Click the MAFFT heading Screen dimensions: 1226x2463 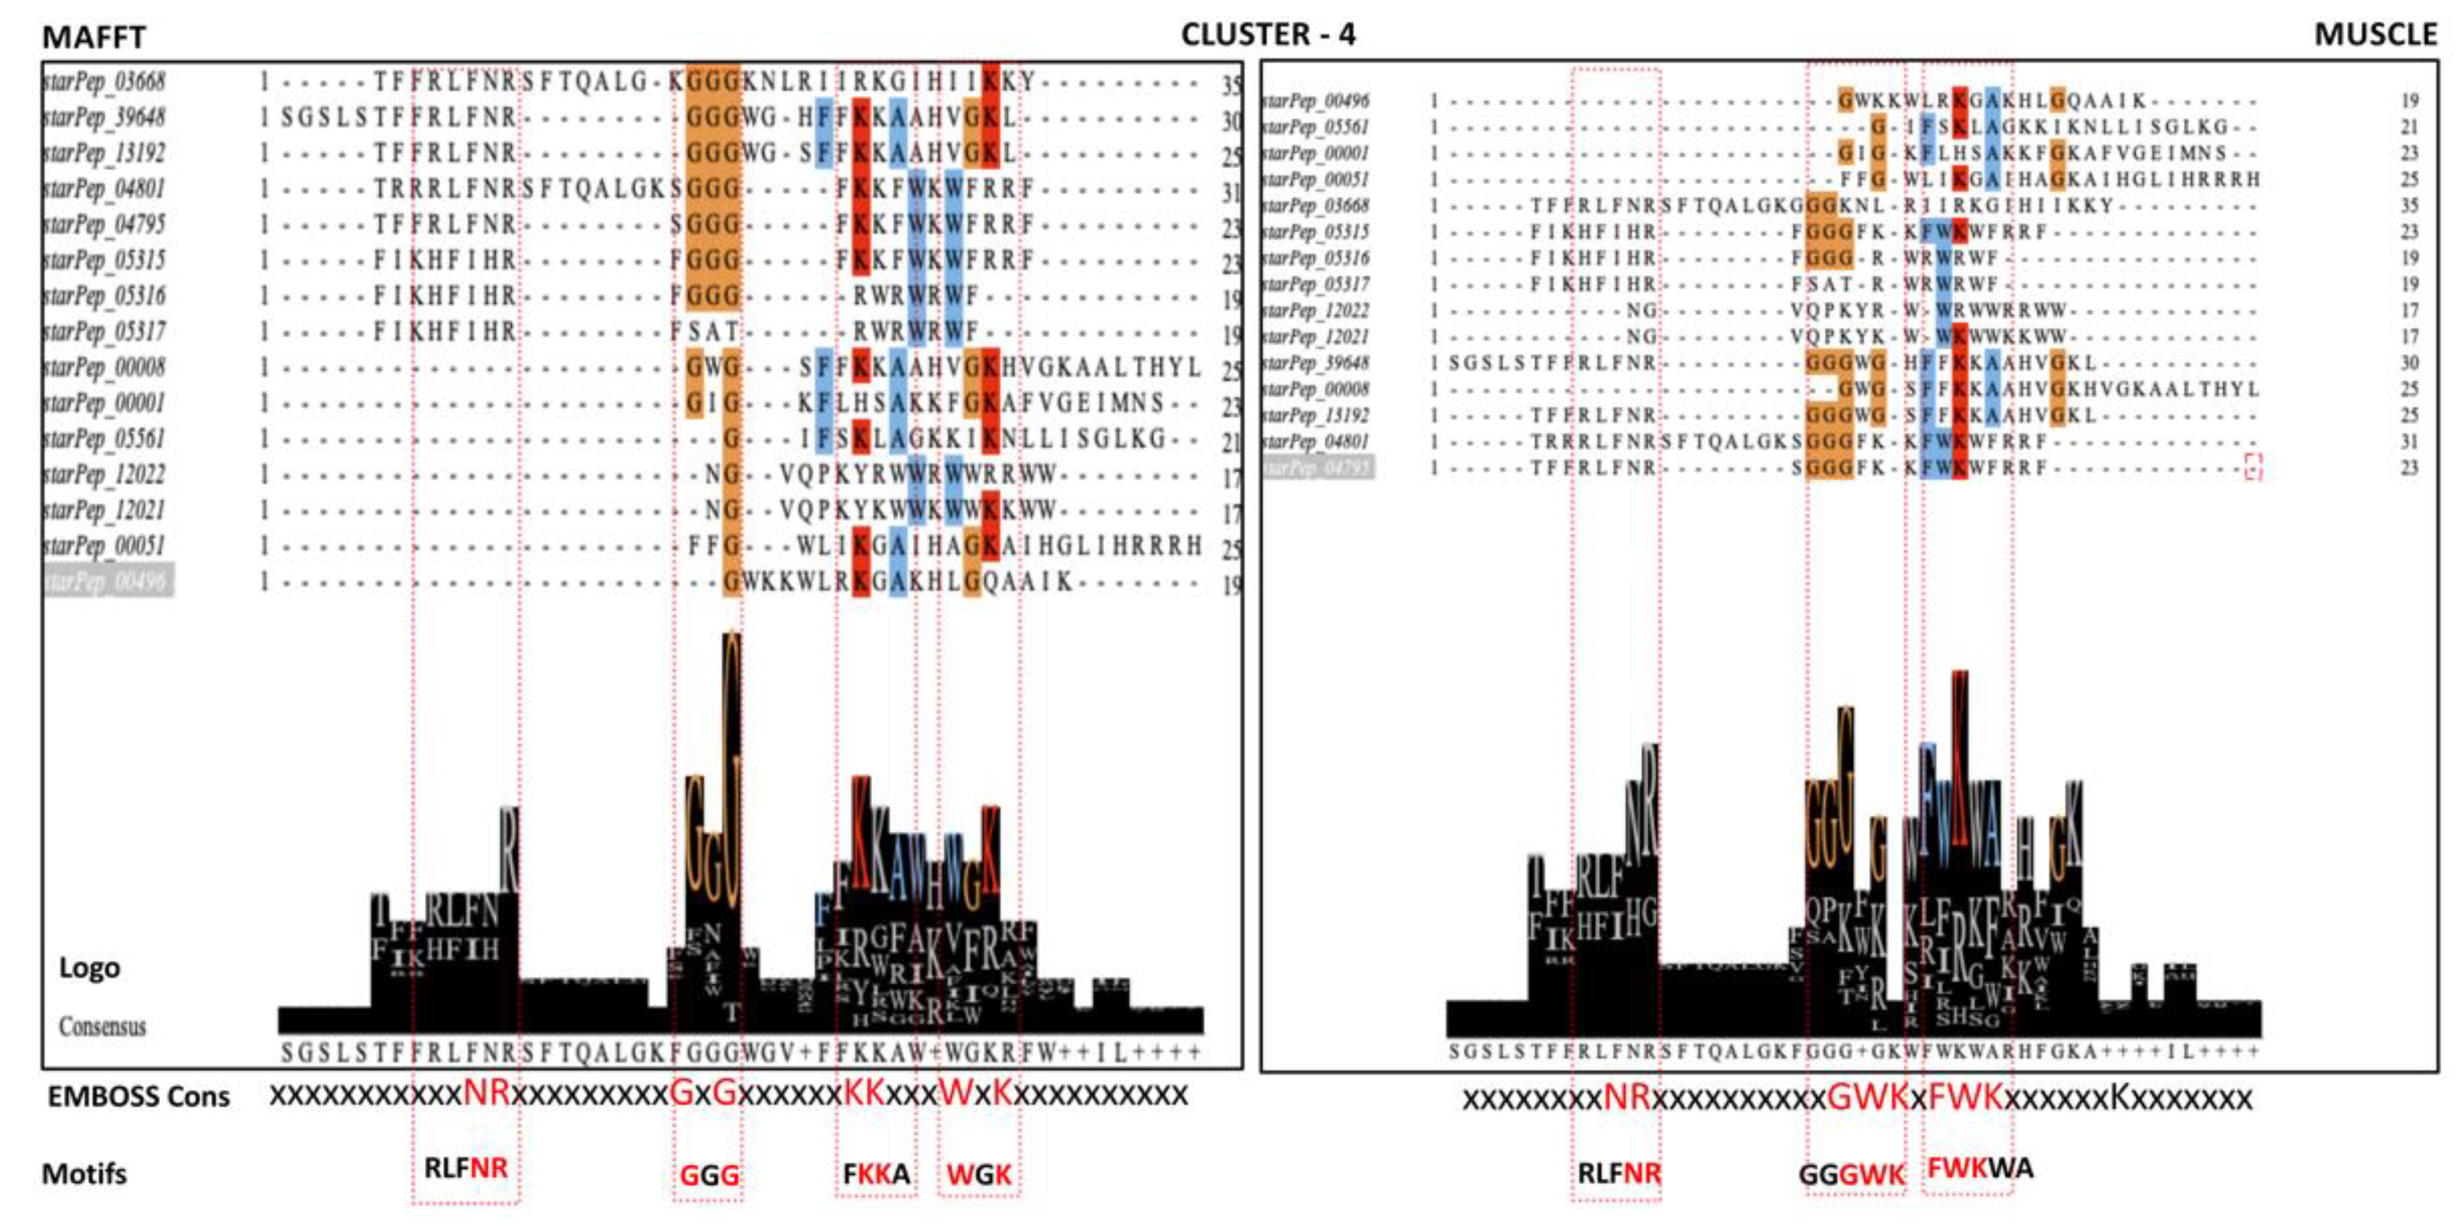(94, 37)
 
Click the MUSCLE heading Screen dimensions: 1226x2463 (2375, 35)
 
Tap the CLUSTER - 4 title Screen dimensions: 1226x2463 (1268, 35)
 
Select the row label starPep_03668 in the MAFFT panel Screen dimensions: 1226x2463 (104, 82)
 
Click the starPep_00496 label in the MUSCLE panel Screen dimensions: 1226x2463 (1315, 100)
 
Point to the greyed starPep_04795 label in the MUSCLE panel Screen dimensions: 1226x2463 (1317, 468)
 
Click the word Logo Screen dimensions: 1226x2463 (89, 968)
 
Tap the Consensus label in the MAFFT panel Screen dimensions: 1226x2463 (103, 1027)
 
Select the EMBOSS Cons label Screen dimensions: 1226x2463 (138, 1096)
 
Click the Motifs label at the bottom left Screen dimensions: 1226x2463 (84, 1173)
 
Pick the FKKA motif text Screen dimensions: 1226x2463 (876, 1173)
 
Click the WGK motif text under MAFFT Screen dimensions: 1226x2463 (979, 1174)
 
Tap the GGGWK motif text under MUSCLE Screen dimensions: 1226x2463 (1852, 1174)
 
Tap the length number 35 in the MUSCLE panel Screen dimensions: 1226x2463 (2409, 206)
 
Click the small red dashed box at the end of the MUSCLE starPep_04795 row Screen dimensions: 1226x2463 (2254, 468)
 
